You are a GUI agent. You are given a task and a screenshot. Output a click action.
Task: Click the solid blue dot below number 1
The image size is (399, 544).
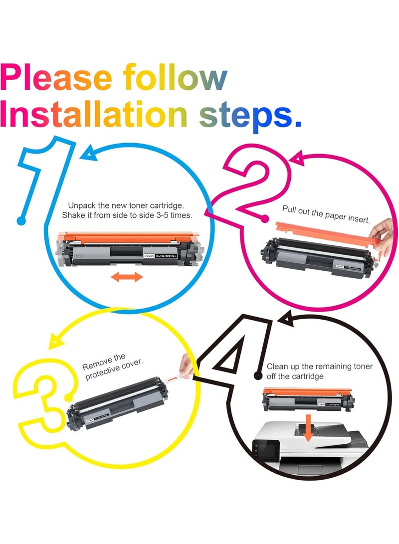(20, 220)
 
